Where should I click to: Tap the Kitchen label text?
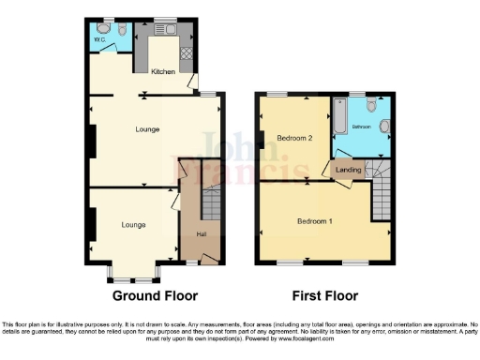164,70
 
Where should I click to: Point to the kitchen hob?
186,53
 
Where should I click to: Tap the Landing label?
349,170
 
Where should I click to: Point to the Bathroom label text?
362,126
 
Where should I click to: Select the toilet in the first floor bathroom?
372,104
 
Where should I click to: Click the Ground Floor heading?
156,295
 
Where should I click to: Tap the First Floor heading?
325,295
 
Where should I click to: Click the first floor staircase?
381,187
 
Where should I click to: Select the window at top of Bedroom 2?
279,94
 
